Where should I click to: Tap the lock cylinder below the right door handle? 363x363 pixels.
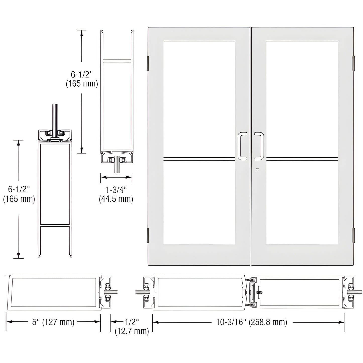point(257,170)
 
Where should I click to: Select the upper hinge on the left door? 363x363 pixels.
point(148,63)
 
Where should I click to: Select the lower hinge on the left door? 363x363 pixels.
point(148,235)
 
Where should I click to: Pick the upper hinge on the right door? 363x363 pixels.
point(354,63)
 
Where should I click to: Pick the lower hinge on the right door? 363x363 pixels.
point(354,235)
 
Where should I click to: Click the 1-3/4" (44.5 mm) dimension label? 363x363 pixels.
point(116,194)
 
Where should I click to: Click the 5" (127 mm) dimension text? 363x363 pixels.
point(53,322)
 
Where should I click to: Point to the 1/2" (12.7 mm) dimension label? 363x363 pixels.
point(132,326)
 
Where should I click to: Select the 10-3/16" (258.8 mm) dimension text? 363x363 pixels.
point(251,322)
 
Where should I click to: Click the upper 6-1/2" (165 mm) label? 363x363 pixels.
point(82,79)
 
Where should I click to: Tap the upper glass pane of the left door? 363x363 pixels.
point(199,98)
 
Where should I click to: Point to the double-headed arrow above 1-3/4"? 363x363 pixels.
point(116,177)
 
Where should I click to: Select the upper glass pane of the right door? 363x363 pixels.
point(302,98)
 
